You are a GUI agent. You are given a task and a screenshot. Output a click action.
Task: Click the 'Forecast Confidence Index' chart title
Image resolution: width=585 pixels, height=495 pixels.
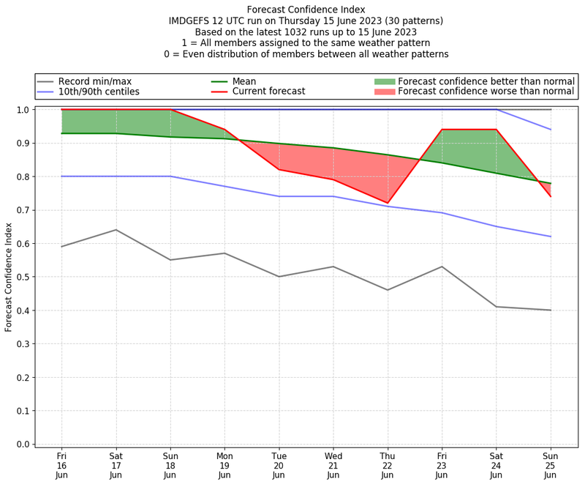[x=306, y=10]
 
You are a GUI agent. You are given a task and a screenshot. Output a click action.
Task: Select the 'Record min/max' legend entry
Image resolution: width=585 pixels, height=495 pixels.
[x=94, y=81]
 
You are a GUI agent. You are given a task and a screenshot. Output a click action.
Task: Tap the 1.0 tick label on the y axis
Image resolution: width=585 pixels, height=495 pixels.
[x=23, y=110]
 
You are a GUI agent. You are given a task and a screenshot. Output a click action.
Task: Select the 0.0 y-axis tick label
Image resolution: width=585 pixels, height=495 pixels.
[x=23, y=444]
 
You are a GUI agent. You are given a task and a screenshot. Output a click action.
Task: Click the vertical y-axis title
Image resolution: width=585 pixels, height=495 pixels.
[x=9, y=277]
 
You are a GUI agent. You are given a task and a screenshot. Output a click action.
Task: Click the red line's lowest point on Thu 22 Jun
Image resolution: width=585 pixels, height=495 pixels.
[x=388, y=203]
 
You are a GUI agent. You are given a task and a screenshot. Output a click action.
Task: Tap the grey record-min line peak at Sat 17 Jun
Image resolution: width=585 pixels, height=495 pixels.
[x=116, y=230]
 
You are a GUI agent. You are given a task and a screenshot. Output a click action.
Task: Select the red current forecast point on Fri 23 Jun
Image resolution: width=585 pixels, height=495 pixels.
[x=442, y=130]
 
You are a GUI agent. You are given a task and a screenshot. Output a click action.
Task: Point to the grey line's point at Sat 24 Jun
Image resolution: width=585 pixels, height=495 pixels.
[x=497, y=307]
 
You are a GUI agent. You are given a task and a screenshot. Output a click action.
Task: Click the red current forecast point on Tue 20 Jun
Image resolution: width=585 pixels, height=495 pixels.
[x=279, y=170]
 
